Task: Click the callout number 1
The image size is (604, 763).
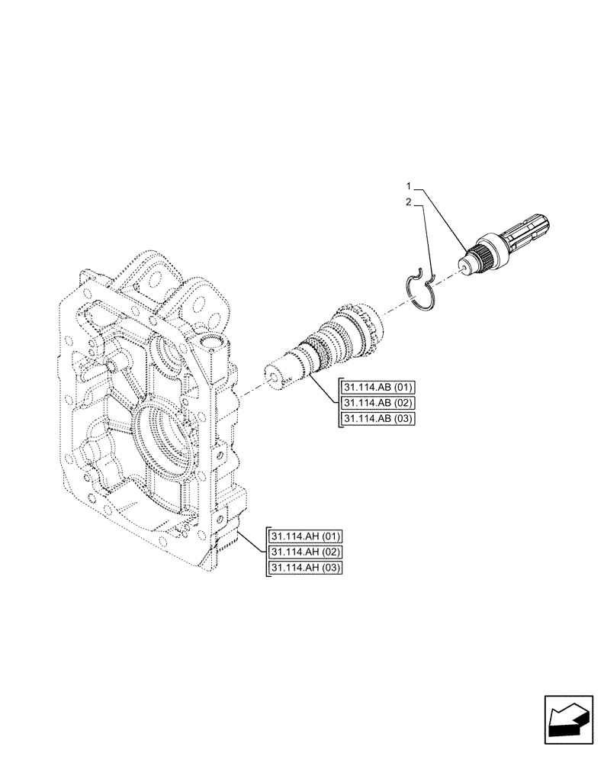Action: pos(409,186)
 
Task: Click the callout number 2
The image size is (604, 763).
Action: pos(409,203)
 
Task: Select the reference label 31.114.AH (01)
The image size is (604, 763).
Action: pos(304,536)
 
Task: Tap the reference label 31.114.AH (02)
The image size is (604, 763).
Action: pos(304,551)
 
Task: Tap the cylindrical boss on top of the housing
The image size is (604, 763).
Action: pos(214,350)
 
